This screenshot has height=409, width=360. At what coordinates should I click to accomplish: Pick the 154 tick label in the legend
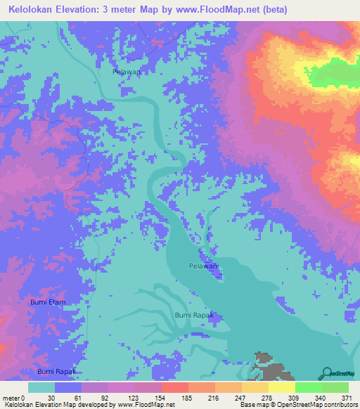[x=162, y=397]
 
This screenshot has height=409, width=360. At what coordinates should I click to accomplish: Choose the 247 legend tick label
[x=241, y=397]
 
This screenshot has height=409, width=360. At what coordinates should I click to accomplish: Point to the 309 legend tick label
[x=295, y=397]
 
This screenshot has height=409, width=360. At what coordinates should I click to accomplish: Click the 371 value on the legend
[x=347, y=397]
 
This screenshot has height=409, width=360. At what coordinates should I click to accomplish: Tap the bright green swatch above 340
[x=308, y=387]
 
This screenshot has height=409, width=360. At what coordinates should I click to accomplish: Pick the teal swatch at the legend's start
[x=41, y=387]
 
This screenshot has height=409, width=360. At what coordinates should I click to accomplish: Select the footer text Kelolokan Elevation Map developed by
[x=53, y=405]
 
